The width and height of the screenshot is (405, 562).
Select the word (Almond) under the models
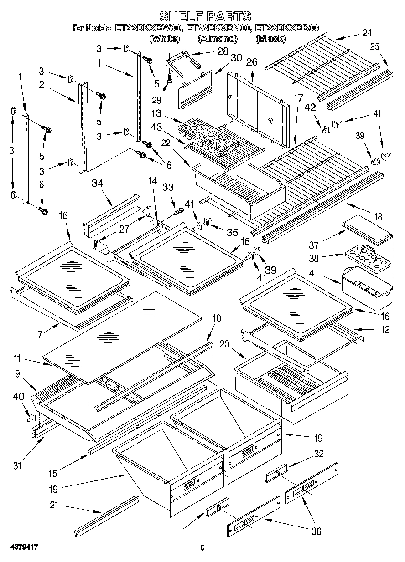tap(218, 39)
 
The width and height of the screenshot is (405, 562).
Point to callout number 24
tap(367, 32)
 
